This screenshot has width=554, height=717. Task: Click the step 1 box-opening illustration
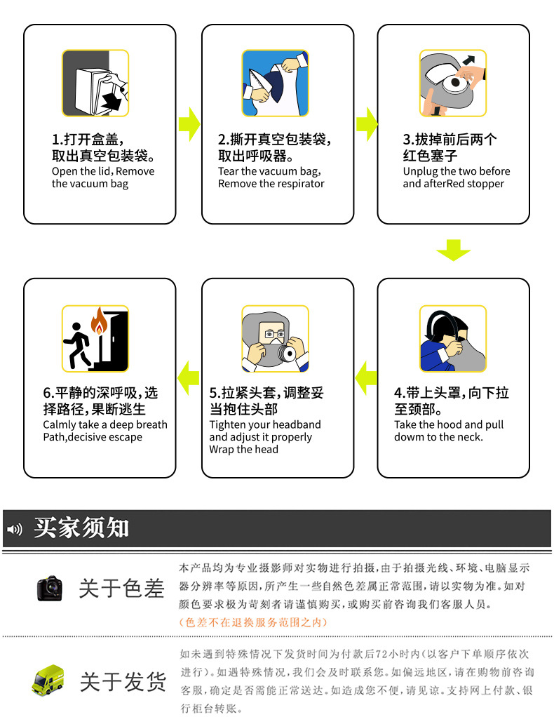click(95, 83)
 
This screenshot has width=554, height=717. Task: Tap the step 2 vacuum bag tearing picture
click(276, 83)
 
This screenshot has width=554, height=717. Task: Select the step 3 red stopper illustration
click(453, 83)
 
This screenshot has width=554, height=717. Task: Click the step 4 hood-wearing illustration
click(453, 339)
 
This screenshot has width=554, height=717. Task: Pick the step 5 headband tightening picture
click(276, 339)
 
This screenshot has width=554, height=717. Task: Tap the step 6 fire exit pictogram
click(95, 339)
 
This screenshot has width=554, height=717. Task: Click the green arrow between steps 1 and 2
click(189, 124)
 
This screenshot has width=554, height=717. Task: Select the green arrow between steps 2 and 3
click(366, 124)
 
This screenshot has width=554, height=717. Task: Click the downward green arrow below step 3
click(453, 250)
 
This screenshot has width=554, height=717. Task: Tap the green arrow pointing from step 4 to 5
click(365, 378)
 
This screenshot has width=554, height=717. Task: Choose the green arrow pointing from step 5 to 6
click(188, 378)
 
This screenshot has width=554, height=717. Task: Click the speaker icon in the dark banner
click(15, 528)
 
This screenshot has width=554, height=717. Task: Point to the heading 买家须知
click(81, 528)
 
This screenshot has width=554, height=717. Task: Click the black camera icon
click(50, 588)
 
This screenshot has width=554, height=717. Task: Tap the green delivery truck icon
click(48, 680)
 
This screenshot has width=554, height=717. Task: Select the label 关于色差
click(121, 588)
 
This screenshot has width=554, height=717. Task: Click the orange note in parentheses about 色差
click(252, 622)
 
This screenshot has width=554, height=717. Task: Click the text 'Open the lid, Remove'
click(103, 171)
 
